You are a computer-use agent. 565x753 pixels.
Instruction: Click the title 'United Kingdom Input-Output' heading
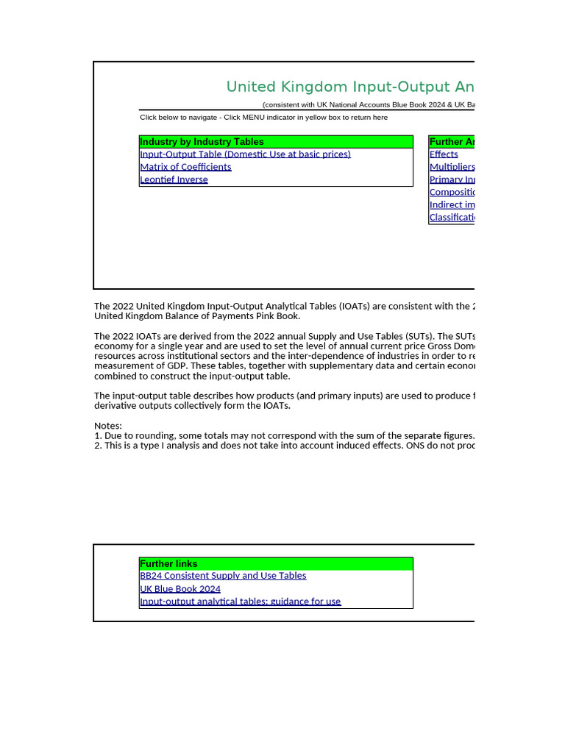tap(349, 87)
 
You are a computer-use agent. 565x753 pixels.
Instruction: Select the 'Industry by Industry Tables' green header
tap(202, 142)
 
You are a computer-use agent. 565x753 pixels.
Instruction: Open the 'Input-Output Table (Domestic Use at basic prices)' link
tap(245, 154)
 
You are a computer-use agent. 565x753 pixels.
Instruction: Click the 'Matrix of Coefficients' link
tap(185, 167)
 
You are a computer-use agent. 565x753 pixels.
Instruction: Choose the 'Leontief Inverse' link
tap(174, 179)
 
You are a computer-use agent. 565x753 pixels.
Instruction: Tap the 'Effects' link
tap(444, 154)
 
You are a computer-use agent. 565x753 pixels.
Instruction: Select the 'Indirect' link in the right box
tap(452, 204)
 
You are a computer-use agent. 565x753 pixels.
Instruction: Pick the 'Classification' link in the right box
tap(452, 217)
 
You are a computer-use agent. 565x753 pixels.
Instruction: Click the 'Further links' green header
tap(168, 564)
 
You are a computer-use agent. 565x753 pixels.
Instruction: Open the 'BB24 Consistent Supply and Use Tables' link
tap(223, 576)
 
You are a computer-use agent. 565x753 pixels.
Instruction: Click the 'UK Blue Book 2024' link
tap(180, 589)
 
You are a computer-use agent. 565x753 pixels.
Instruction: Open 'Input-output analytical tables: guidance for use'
tap(240, 602)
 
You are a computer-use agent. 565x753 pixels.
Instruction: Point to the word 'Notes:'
tap(108, 426)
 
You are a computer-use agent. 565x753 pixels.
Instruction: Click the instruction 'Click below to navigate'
tap(263, 118)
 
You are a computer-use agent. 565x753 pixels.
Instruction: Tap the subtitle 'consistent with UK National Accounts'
tap(368, 105)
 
